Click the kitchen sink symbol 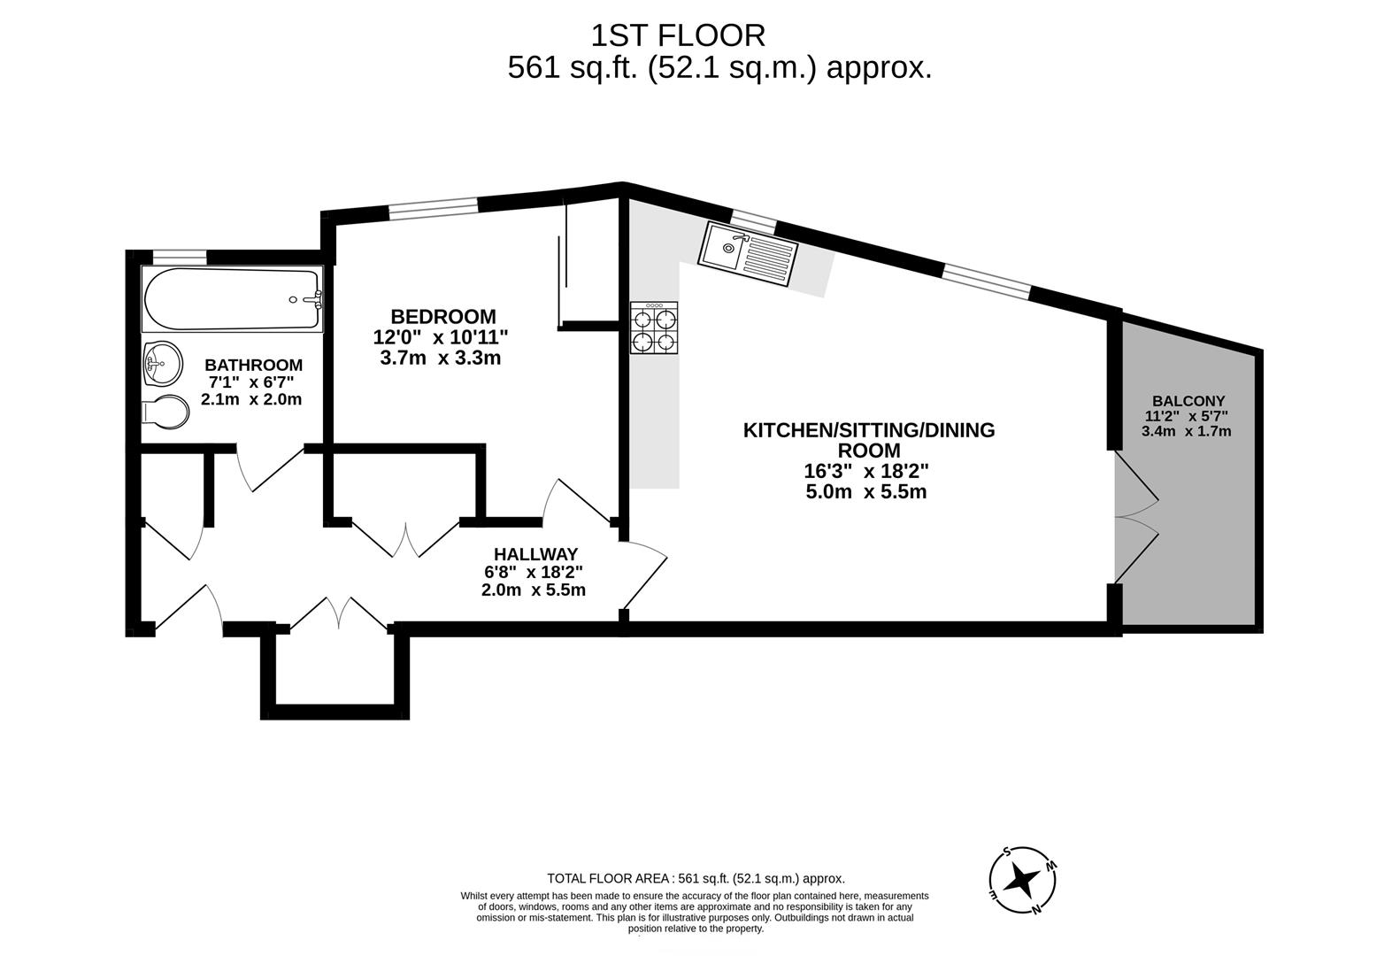748,255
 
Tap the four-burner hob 654,328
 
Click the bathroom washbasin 162,363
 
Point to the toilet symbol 166,412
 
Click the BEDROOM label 443,316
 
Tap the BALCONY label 1188,401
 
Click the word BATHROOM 253,365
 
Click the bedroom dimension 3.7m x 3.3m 441,358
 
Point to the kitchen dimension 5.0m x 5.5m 865,492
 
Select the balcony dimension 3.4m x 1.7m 1186,432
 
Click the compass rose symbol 1023,881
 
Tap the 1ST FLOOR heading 678,35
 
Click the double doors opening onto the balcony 1136,518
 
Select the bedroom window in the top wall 434,206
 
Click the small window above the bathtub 179,257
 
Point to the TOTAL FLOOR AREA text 696,879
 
